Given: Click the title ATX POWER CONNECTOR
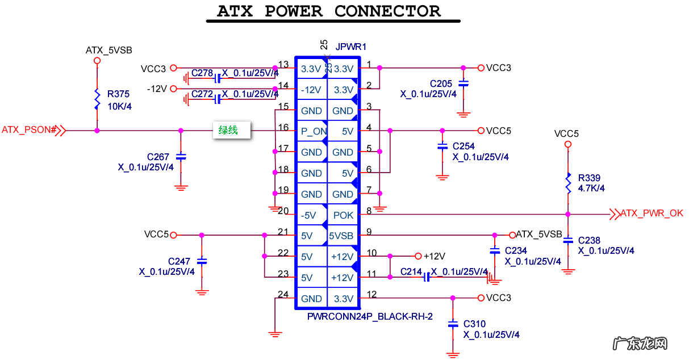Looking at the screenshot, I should [329, 11].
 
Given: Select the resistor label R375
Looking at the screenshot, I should [118, 94].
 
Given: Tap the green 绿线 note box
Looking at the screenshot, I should [228, 131].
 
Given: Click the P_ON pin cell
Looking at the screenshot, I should [311, 132].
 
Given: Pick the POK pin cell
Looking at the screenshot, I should [343, 215].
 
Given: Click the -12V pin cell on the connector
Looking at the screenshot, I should [311, 90].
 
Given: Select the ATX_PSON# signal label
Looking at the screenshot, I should [29, 130].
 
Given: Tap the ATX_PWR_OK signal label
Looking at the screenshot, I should [652, 214].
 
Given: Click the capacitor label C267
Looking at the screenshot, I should [158, 157].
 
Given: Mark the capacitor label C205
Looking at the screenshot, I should [441, 84].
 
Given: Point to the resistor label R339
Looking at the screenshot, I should [589, 178].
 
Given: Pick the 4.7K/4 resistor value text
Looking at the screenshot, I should [591, 188].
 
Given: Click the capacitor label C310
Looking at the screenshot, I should [474, 324].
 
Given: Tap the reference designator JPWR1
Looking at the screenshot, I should [351, 47].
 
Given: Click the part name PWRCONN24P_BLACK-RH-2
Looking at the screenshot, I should [370, 316].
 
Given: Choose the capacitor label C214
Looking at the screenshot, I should [411, 272].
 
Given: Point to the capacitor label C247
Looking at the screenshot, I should [179, 261].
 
